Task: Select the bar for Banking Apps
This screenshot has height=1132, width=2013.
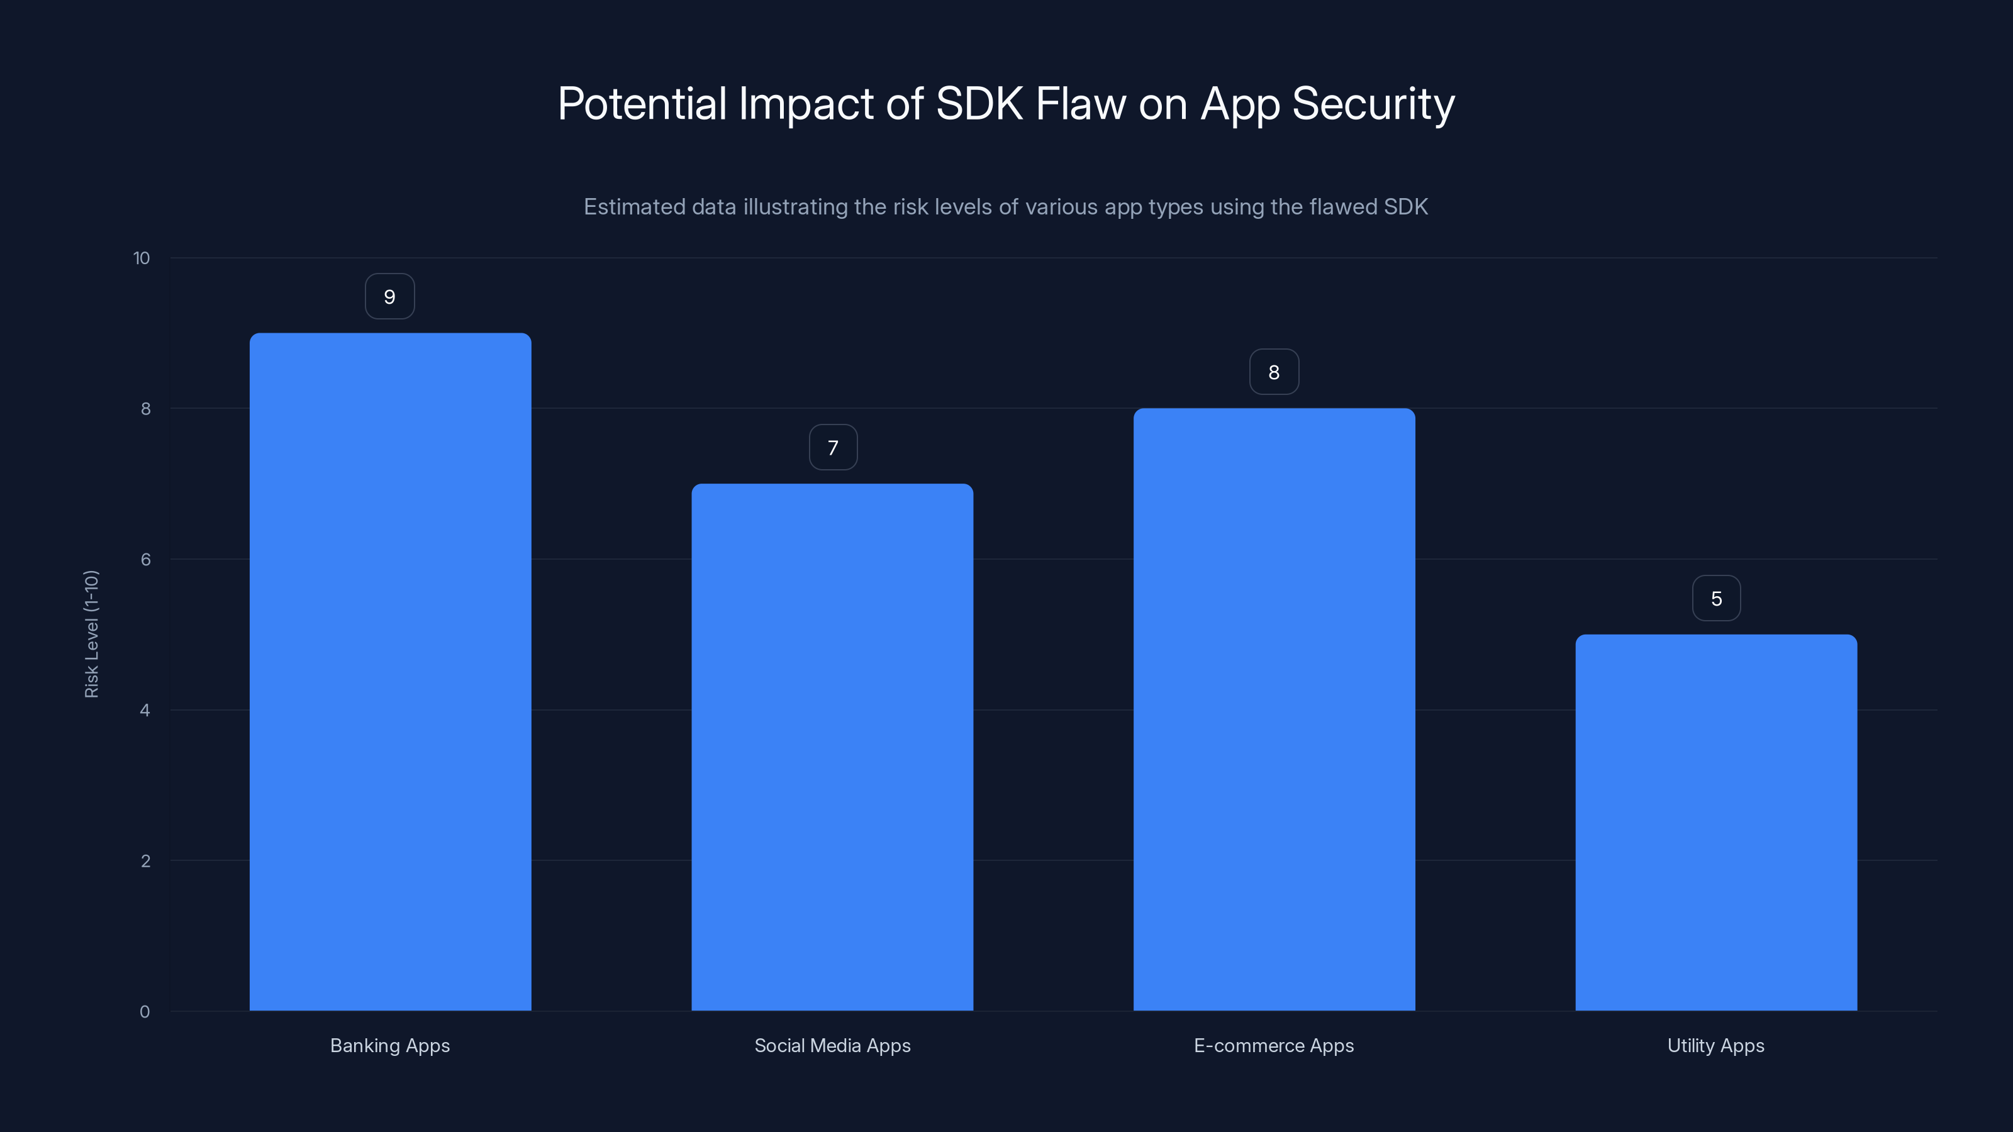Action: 390,672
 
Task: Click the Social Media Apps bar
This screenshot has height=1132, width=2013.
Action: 832,747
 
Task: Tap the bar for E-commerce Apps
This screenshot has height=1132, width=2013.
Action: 1274,709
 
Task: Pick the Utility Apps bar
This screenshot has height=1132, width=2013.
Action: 1716,822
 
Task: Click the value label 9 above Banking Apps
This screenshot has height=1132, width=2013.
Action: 390,297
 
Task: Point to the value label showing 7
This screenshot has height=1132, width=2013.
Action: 833,448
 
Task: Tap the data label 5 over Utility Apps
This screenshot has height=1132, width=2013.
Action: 1716,599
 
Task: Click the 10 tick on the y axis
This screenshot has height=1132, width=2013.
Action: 142,258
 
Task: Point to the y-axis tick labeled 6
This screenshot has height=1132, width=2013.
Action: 145,559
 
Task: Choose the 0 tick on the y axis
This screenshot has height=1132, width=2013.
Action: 145,1012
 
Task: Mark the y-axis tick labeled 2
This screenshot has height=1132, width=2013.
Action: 145,861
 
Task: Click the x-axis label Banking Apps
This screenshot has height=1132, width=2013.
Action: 390,1045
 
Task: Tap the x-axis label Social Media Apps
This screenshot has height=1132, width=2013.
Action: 832,1045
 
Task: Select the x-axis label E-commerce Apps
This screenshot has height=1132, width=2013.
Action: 1274,1045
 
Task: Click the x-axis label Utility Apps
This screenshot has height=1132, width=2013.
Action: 1716,1045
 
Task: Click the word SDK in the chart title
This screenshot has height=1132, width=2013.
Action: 979,103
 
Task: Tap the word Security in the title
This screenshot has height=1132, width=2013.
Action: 1373,103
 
